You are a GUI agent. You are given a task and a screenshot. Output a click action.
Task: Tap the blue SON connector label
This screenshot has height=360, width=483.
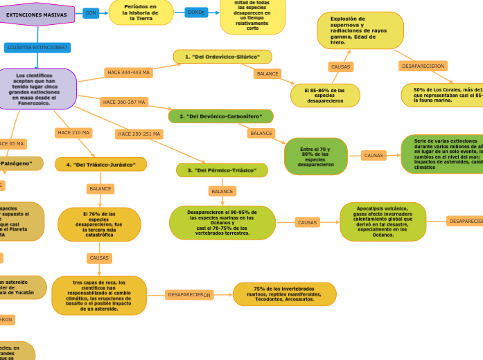91,13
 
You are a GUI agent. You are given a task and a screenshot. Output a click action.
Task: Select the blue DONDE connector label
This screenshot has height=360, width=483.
196,12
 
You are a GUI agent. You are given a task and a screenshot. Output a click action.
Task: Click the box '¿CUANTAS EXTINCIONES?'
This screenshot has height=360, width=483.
37,48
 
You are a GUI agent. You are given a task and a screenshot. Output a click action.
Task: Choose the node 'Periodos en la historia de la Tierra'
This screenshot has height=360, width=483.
141,12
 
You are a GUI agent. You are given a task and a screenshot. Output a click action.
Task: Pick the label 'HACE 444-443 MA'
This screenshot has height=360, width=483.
128,72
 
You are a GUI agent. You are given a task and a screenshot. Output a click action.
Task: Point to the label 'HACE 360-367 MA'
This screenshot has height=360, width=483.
124,102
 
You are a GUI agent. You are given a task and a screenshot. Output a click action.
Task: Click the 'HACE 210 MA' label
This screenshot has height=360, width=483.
73,132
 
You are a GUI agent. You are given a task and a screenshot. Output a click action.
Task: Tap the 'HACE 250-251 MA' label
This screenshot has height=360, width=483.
139,134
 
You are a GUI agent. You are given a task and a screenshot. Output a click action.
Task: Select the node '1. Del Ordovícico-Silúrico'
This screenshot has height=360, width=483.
222,57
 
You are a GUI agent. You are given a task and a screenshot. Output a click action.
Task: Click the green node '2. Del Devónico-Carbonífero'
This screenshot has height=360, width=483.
220,116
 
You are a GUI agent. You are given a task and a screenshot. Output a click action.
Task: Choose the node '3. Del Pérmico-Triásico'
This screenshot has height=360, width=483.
222,170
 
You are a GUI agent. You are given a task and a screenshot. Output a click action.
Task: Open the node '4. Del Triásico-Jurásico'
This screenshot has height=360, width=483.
100,165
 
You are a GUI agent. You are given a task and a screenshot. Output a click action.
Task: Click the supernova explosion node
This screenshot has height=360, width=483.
360,30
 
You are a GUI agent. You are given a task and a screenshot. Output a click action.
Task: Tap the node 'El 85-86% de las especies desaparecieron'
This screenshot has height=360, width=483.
325,96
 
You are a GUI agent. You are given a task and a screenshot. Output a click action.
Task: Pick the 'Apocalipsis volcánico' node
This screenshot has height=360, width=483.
383,222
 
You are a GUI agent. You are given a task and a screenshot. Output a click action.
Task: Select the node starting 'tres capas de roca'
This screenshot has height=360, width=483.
99,296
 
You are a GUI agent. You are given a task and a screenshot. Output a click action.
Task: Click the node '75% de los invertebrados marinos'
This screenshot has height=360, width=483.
284,294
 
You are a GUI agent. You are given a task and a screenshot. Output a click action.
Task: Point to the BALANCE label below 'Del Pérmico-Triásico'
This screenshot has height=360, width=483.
222,191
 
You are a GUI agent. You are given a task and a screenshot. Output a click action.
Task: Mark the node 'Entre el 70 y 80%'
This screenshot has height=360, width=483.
315,156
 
